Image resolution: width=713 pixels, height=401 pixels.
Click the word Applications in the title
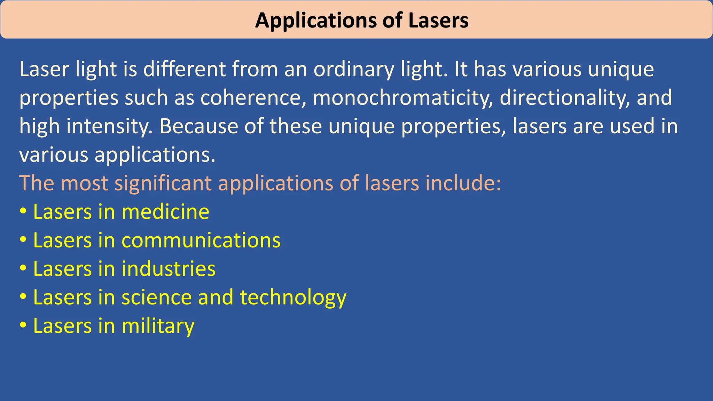(x=315, y=21)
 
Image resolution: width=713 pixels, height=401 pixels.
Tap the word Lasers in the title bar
(x=438, y=20)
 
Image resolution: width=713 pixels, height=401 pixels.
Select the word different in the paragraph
(x=185, y=69)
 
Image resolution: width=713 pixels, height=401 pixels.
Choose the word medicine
(x=165, y=212)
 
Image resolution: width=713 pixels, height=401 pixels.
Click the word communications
(x=201, y=240)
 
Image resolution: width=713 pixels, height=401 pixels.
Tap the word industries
(x=169, y=269)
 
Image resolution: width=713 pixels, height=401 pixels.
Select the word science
(x=156, y=297)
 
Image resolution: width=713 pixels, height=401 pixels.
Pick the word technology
(x=293, y=298)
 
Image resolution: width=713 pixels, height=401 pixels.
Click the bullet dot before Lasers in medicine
(x=23, y=212)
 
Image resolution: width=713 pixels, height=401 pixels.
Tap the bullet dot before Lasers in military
(x=23, y=326)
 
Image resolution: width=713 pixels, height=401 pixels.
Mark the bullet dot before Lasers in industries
(x=23, y=269)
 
